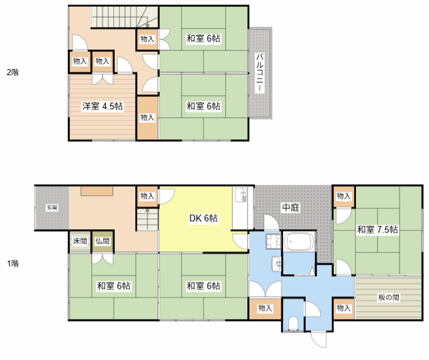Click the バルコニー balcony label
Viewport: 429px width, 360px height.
(x=259, y=72)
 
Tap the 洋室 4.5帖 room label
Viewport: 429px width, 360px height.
(x=103, y=106)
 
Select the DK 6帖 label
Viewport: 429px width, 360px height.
(x=204, y=218)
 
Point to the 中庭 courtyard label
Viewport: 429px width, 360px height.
(x=291, y=207)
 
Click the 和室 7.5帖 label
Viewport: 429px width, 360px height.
(x=377, y=229)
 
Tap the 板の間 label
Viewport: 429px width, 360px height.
(x=389, y=297)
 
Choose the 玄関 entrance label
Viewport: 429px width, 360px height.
(x=52, y=208)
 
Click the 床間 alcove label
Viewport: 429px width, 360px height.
(x=80, y=241)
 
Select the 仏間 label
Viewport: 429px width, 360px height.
(x=103, y=241)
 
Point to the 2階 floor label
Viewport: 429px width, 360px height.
(x=13, y=72)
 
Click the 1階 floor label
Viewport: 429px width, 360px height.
(x=13, y=263)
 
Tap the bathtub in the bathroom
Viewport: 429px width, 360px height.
(x=299, y=241)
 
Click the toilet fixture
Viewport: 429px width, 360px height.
(x=294, y=323)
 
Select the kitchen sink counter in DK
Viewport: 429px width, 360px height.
(x=240, y=208)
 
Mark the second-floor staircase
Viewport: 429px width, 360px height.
(x=125, y=17)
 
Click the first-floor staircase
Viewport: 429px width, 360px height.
(x=147, y=219)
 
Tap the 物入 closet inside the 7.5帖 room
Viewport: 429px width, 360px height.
(x=344, y=196)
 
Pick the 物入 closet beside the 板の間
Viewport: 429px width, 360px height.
(x=344, y=308)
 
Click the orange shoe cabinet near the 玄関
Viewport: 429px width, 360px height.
(x=97, y=191)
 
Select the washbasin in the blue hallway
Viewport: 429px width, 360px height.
(x=277, y=263)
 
